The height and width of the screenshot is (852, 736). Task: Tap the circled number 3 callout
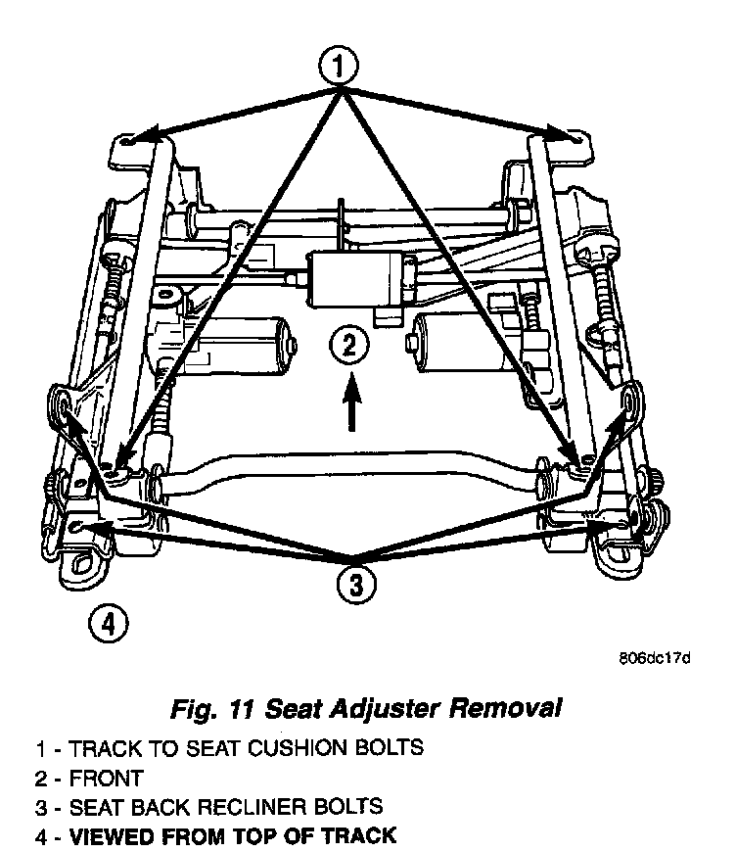[355, 586]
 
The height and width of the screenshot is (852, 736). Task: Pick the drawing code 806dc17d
[655, 657]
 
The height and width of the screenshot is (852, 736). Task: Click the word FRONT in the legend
[107, 779]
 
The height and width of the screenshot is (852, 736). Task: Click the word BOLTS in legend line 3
[350, 808]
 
